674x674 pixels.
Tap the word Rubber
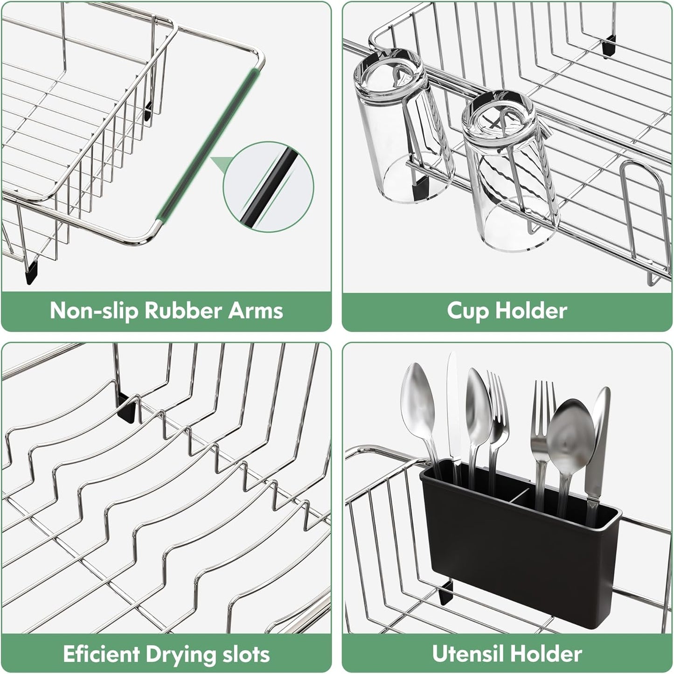coord(184,311)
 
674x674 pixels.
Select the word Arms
coord(255,311)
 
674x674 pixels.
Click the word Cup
coord(468,311)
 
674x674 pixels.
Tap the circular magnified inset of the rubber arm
coord(269,187)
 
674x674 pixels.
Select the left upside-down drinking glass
coord(399,131)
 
